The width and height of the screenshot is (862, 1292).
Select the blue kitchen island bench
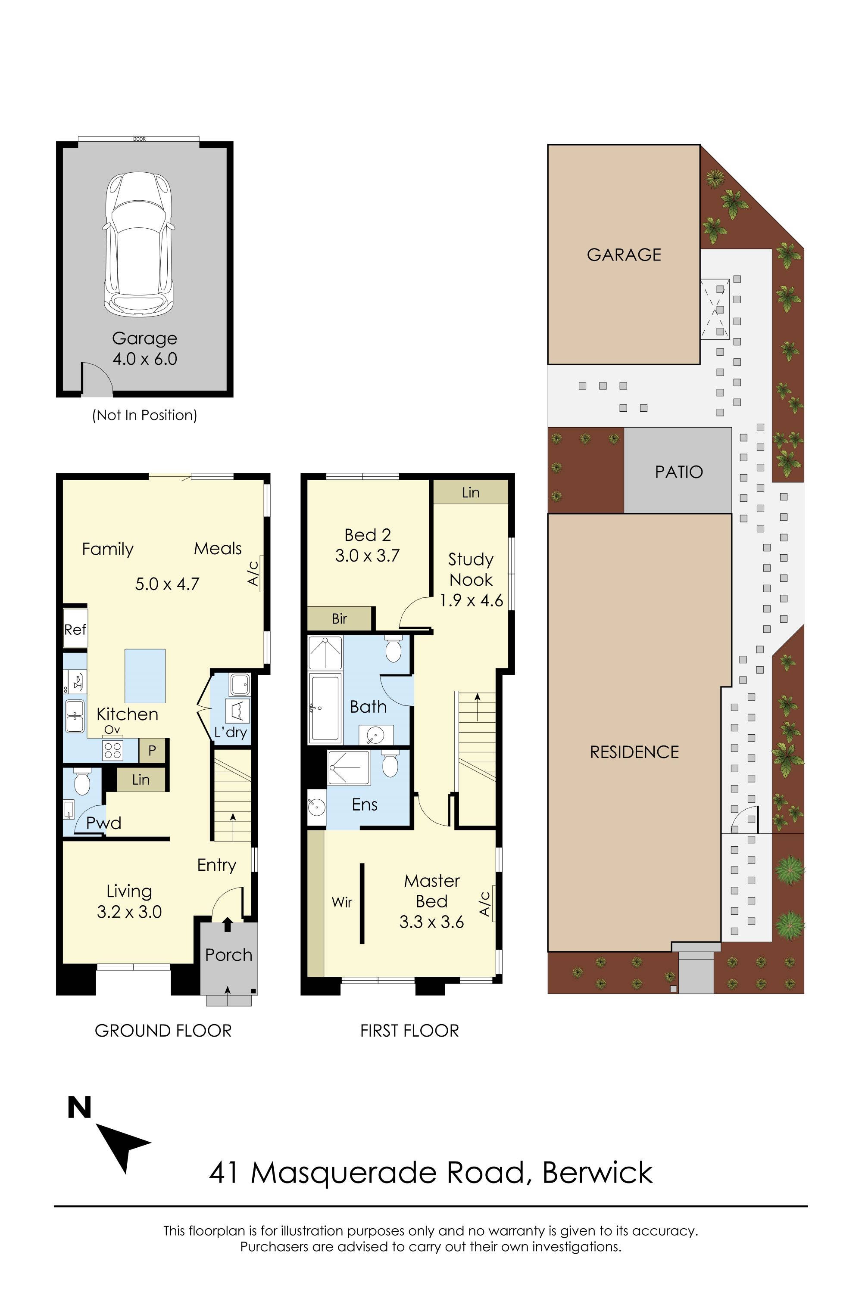[145, 676]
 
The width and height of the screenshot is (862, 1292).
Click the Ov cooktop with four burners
[112, 750]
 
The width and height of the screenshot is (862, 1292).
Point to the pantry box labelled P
[152, 750]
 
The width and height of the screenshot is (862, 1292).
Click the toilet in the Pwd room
[82, 782]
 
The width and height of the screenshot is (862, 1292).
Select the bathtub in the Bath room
[325, 708]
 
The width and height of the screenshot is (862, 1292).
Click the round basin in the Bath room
[376, 734]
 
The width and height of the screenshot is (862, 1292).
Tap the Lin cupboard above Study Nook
[471, 492]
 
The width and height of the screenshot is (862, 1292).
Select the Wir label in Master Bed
[342, 902]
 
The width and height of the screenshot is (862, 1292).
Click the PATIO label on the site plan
[679, 472]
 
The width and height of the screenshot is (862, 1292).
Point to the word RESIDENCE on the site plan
[634, 752]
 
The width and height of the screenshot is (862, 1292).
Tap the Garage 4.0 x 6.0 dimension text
[144, 348]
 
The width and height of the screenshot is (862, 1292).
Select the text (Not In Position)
[144, 415]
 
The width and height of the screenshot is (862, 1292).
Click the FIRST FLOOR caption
[409, 1031]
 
